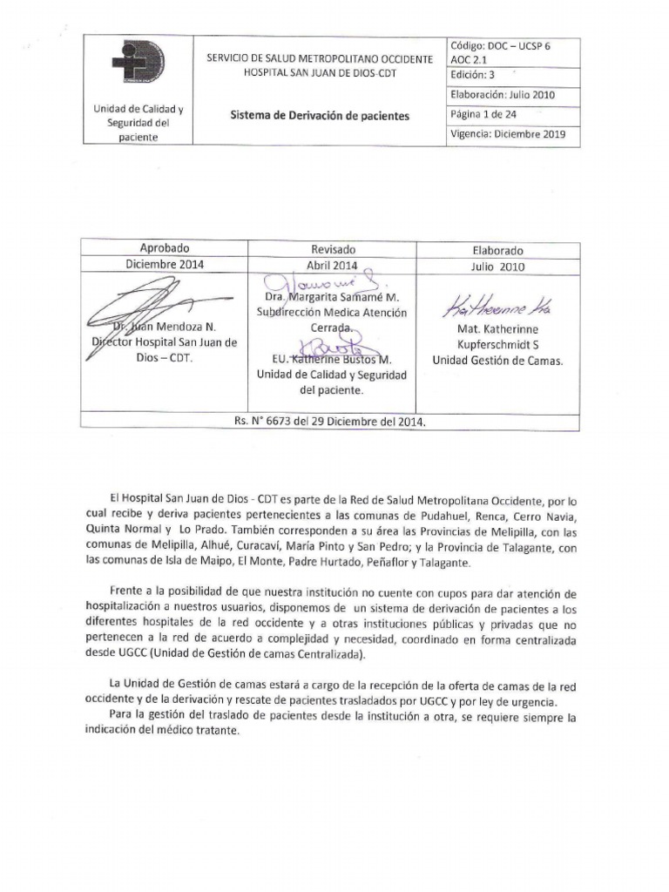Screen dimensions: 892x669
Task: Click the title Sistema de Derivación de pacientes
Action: click(x=319, y=115)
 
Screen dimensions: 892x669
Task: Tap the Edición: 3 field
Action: click(x=473, y=74)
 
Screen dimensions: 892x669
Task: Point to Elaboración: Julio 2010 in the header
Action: click(x=503, y=95)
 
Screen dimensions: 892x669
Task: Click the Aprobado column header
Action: click(x=164, y=249)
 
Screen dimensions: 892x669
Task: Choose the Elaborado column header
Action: click(x=497, y=249)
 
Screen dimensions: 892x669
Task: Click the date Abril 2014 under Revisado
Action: click(x=332, y=266)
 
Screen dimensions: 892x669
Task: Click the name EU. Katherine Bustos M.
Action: click(x=331, y=360)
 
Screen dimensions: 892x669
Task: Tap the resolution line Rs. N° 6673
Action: click(x=329, y=421)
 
